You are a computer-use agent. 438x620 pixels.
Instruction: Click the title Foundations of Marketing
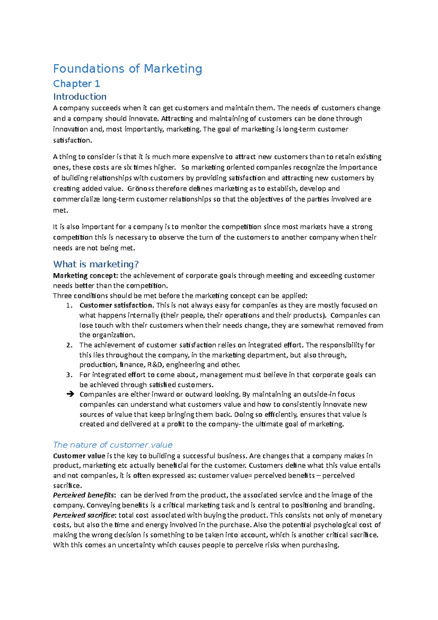coord(127,69)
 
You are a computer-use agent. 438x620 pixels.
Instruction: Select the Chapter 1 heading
coord(76,84)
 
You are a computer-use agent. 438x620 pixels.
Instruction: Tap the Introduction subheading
coord(80,96)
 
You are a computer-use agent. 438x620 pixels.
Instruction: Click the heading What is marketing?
coord(96,264)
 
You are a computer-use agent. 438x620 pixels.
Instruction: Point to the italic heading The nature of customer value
coord(112,445)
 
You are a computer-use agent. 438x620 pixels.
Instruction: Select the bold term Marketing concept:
coord(85,276)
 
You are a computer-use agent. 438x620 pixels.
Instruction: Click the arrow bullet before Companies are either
coord(70,394)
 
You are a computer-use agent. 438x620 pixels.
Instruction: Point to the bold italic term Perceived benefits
coord(84,495)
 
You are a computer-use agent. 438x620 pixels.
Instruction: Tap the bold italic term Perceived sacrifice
coord(84,516)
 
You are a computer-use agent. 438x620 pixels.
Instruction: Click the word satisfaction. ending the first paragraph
coord(72,140)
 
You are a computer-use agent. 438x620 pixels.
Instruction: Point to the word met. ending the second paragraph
coord(60,210)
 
